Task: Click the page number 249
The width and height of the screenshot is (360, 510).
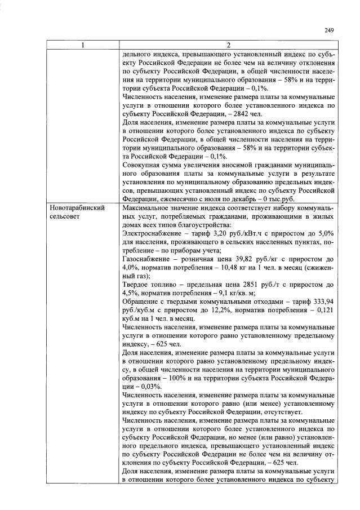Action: (x=329, y=30)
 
